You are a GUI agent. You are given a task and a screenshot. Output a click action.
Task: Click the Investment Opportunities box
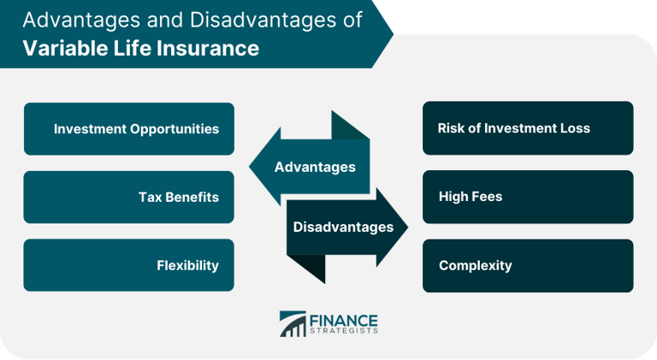pyautogui.click(x=128, y=129)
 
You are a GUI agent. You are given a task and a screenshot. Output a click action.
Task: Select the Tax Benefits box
pyautogui.click(x=128, y=197)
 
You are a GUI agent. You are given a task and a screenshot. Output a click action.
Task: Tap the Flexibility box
pyautogui.click(x=128, y=265)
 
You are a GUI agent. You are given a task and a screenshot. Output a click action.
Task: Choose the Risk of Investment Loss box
pyautogui.click(x=528, y=128)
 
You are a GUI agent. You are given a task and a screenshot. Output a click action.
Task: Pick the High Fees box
pyautogui.click(x=528, y=197)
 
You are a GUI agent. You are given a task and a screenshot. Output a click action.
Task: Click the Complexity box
pyautogui.click(x=528, y=265)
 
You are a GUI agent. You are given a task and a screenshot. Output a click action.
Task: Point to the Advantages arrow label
pyautogui.click(x=315, y=167)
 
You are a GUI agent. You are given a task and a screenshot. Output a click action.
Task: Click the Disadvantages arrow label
pyautogui.click(x=343, y=227)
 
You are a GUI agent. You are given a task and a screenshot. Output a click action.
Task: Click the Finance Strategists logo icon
pyautogui.click(x=292, y=324)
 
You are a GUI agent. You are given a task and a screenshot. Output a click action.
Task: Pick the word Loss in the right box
pyautogui.click(x=575, y=128)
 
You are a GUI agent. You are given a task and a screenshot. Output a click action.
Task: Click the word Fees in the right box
pyautogui.click(x=487, y=197)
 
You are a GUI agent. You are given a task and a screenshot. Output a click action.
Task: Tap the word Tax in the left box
pyautogui.click(x=150, y=197)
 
